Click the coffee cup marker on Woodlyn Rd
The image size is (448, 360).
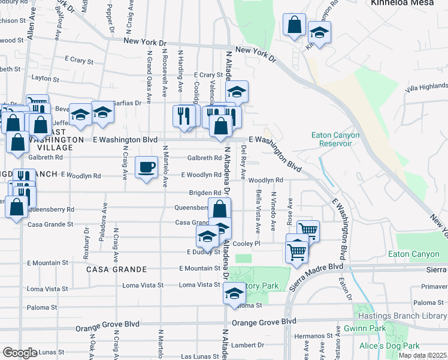(146, 168)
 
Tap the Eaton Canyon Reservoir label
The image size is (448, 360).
(335, 139)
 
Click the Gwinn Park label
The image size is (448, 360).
(365, 329)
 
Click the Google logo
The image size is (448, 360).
(19, 352)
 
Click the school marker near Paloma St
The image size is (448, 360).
(234, 294)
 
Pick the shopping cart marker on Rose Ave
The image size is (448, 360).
(308, 230)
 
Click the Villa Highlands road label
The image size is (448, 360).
(426, 87)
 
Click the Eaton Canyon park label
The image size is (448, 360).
(413, 254)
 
